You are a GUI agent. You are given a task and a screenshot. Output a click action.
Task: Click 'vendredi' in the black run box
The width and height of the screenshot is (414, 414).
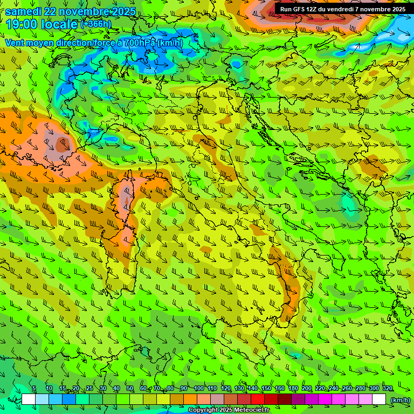click(x=340, y=9)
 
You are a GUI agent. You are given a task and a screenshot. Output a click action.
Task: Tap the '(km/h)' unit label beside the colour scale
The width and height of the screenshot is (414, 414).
click(x=399, y=400)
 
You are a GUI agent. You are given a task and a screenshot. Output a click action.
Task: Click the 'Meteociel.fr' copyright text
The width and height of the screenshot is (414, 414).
click(x=256, y=410)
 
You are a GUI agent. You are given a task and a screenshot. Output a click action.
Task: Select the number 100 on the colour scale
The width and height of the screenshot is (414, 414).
click(x=198, y=389)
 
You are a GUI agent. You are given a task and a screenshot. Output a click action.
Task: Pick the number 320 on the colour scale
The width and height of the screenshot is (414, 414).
click(x=387, y=389)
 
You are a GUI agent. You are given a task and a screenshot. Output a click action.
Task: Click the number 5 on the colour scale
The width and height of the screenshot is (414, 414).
click(x=34, y=389)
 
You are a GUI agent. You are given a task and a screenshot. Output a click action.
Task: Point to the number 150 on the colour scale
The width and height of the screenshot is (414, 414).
click(x=266, y=389)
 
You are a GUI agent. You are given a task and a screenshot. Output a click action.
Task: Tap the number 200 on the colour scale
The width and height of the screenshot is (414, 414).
click(x=307, y=389)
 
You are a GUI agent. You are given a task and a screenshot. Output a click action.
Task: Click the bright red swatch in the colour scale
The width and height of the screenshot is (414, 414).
click(x=258, y=399)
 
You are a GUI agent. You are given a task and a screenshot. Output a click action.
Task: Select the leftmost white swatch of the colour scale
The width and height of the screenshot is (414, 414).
click(x=29, y=399)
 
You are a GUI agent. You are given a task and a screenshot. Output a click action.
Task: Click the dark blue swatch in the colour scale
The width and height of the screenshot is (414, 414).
click(x=69, y=399)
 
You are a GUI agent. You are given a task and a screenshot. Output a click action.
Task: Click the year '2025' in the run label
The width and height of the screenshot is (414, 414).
click(x=398, y=9)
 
